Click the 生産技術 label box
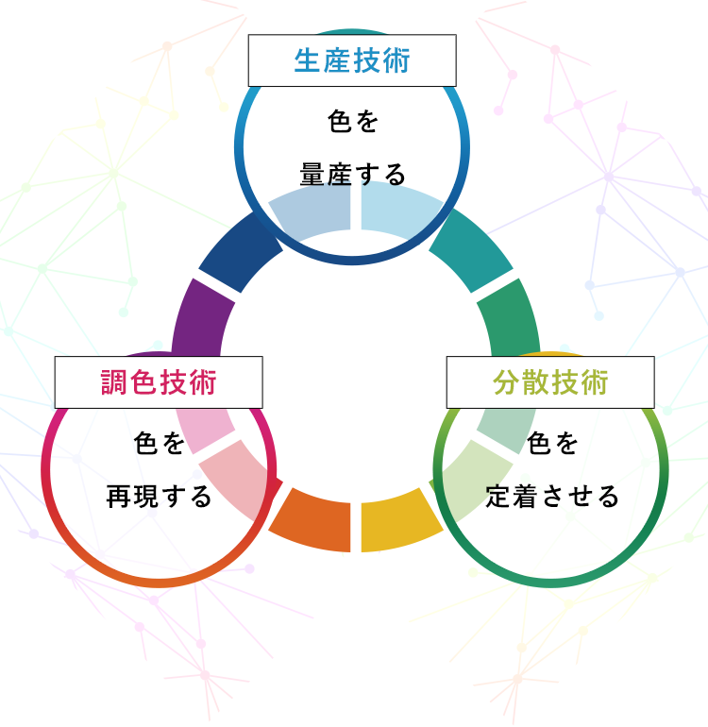click(352, 60)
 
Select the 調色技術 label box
click(159, 382)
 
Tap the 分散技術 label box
click(550, 382)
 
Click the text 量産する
click(352, 175)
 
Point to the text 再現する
click(159, 496)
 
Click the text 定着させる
click(551, 496)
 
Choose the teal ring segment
click(471, 250)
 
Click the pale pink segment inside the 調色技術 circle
click(207, 429)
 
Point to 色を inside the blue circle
click(352, 122)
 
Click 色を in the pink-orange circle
click(159, 443)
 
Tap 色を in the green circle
click(551, 443)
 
